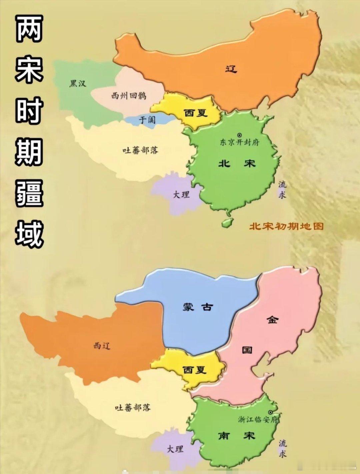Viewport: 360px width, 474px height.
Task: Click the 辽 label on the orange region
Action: click(x=231, y=69)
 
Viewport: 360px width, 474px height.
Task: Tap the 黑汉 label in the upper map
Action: click(x=78, y=83)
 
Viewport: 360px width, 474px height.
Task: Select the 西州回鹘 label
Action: click(x=129, y=96)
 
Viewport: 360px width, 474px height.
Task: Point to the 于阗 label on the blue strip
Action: click(x=147, y=119)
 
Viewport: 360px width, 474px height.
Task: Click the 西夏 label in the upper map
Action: click(x=196, y=113)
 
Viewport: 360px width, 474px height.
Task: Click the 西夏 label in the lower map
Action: click(x=195, y=370)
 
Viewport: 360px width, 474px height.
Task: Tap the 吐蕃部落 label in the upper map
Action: click(x=140, y=150)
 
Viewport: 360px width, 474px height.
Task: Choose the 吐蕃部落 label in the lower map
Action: click(x=133, y=407)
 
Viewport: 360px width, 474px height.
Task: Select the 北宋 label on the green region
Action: click(x=237, y=163)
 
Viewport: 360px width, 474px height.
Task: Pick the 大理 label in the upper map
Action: click(x=181, y=194)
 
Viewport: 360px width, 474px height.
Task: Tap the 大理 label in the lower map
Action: click(x=175, y=449)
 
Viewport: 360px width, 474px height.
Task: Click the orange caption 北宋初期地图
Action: click(x=286, y=226)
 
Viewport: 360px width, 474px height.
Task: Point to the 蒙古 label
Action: click(x=197, y=307)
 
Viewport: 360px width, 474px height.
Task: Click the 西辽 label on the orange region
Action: click(x=102, y=346)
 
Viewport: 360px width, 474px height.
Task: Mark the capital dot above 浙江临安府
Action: click(x=270, y=412)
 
